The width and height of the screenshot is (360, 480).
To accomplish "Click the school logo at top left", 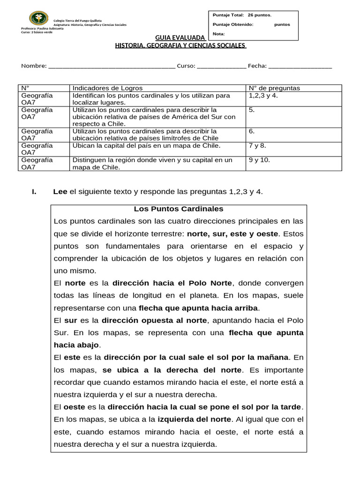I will pyautogui.click(x=38, y=18).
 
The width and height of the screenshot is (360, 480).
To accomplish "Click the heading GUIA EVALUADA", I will pyautogui.click(x=180, y=37).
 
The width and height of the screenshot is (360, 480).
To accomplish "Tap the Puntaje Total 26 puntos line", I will pyautogui.click(x=242, y=15).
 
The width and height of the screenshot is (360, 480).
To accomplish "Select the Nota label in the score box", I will pyautogui.click(x=218, y=34).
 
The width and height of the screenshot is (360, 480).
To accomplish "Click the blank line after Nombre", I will pyautogui.click(x=112, y=66).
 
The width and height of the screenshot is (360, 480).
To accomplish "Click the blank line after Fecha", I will pyautogui.click(x=300, y=66).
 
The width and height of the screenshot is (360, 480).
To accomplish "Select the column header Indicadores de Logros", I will pyautogui.click(x=107, y=88).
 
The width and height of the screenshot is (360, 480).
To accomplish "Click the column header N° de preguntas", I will pyautogui.click(x=274, y=88).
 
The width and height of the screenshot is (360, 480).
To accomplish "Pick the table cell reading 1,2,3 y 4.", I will pyautogui.click(x=264, y=96).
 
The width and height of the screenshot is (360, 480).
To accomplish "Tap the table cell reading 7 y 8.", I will pyautogui.click(x=257, y=146).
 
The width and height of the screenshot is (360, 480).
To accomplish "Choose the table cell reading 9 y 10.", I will pyautogui.click(x=259, y=160).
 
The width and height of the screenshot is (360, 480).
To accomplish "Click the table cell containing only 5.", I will pyautogui.click(x=252, y=110).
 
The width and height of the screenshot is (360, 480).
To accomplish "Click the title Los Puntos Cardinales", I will pyautogui.click(x=179, y=209).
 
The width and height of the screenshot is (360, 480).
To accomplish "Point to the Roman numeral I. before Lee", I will pyautogui.click(x=34, y=191).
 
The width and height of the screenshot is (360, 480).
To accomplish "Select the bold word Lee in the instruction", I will pyautogui.click(x=60, y=191).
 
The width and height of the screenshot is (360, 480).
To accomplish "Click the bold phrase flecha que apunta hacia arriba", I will pyautogui.click(x=199, y=308).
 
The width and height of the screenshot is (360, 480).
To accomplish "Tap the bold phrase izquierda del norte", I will pyautogui.click(x=194, y=419).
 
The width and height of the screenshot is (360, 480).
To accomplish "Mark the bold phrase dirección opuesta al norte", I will pyautogui.click(x=154, y=320).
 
